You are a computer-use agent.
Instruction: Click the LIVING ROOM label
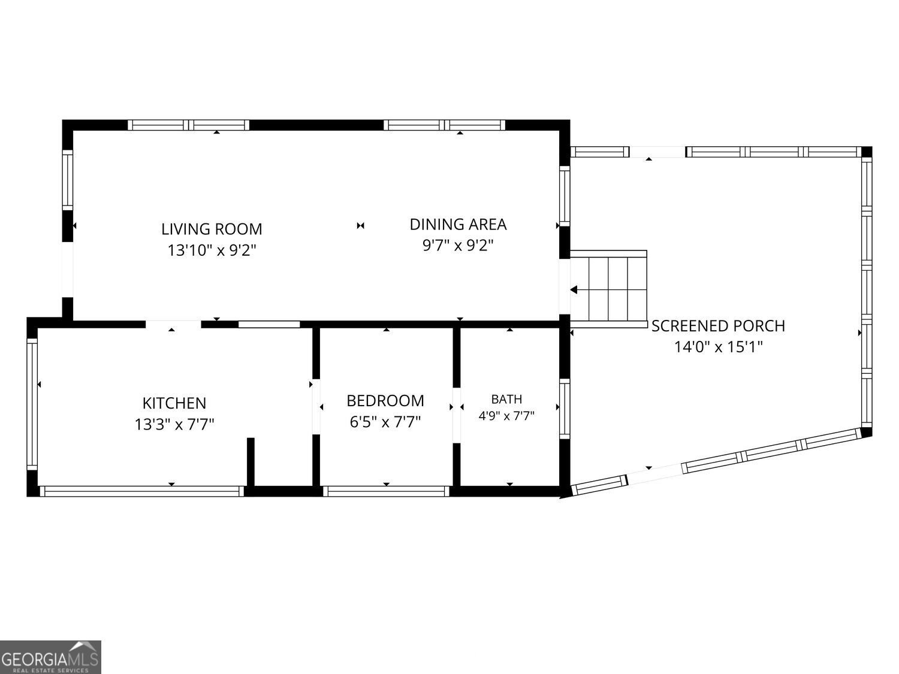(212, 229)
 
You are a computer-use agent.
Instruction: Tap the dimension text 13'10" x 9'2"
(212, 250)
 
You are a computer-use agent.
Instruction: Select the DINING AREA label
(458, 224)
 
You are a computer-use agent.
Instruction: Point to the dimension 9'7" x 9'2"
(458, 245)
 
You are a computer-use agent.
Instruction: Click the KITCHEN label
(174, 403)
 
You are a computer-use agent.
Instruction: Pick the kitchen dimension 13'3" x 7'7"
(174, 424)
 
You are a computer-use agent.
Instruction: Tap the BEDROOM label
(385, 401)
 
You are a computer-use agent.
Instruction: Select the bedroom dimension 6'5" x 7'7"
(385, 422)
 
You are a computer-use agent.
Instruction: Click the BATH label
(506, 399)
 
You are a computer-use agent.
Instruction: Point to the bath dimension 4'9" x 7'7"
(506, 416)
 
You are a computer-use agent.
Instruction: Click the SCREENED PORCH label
(718, 326)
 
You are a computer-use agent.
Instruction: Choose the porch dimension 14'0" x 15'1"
(718, 347)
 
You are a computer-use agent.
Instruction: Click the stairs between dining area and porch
(608, 289)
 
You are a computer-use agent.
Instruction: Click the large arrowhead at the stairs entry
(574, 290)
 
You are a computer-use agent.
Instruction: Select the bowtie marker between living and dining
(360, 225)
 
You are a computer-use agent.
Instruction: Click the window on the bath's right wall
(565, 409)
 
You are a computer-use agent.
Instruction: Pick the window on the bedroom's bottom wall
(386, 491)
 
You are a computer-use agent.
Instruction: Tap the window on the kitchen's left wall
(32, 404)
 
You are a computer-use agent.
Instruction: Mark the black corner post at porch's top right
(867, 152)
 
